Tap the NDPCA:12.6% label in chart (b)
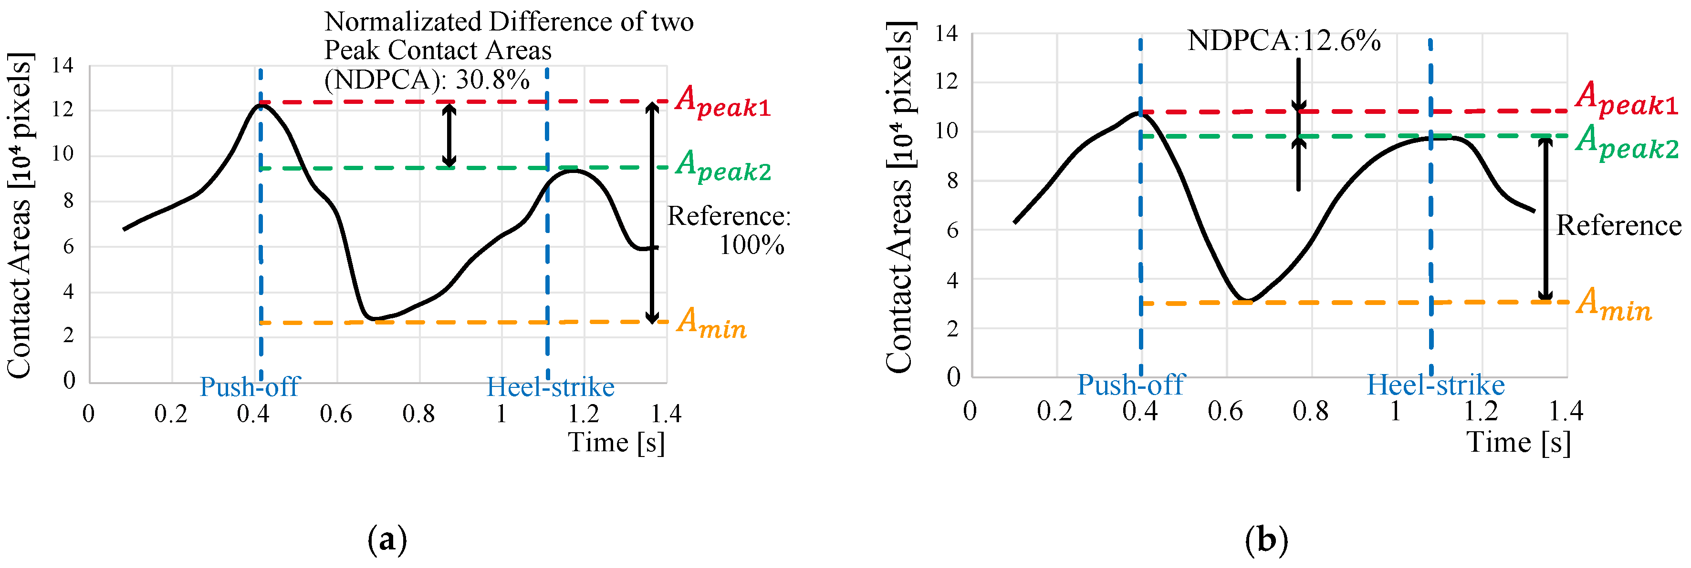pos(1284,41)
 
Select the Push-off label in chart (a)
pos(250,386)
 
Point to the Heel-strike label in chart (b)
pos(1436,385)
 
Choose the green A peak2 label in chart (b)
pos(1627,142)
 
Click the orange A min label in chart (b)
pos(1614,304)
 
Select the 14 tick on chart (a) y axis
pos(63,66)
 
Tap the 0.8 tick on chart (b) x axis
pos(1310,412)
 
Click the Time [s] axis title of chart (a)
pos(616,442)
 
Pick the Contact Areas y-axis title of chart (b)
pos(899,197)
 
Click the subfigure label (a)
pos(387,540)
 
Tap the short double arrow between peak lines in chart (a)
pos(449,135)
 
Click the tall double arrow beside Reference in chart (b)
pos(1545,219)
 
